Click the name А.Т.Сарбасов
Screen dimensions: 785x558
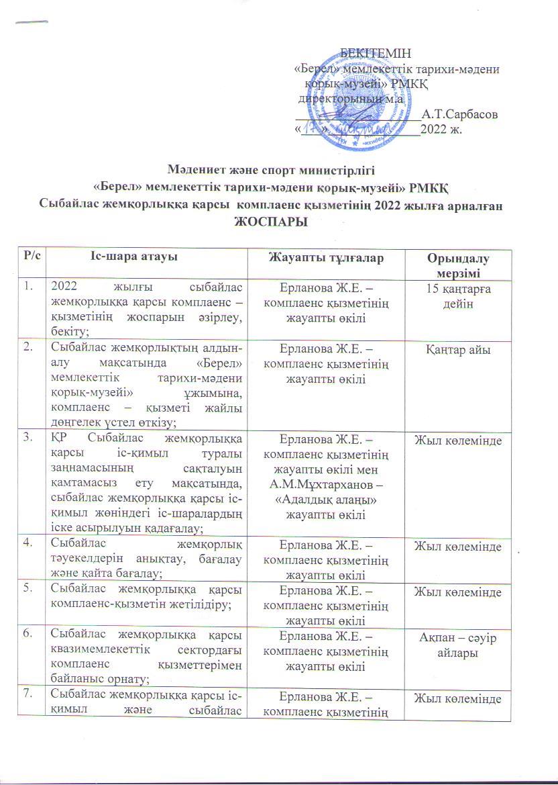459,115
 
